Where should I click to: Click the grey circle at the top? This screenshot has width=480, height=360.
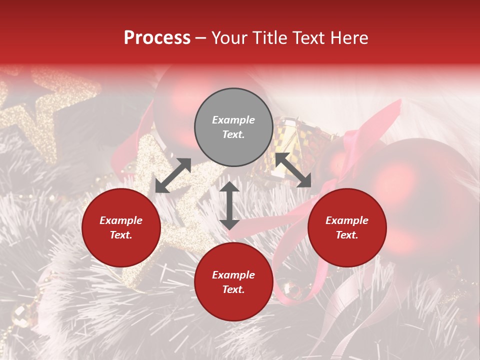coord(233,127)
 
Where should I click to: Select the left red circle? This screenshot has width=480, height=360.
coord(121,227)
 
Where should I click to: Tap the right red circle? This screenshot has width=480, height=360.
coord(347,227)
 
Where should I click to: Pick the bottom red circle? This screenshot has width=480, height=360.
coord(233,282)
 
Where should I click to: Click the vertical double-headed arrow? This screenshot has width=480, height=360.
coord(229,205)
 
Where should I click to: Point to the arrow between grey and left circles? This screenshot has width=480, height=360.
coord(173,175)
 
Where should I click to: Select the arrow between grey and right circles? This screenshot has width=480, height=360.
coord(293,170)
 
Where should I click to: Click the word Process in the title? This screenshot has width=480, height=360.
coord(157,38)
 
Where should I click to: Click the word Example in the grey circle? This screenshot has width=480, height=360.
coord(233,120)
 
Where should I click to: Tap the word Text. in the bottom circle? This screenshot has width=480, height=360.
coord(233,289)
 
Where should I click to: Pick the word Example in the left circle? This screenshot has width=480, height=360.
coord(121,220)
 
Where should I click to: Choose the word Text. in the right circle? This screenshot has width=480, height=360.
coord(347,235)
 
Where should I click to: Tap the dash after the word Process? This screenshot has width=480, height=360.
coord(201,38)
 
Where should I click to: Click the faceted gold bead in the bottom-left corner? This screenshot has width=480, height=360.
coord(20,315)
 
